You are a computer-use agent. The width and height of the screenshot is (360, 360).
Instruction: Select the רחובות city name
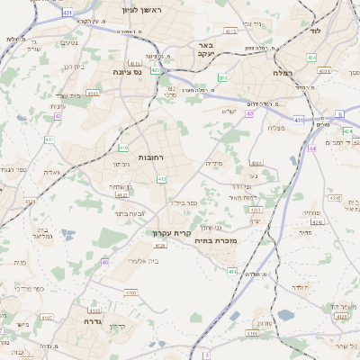coord(149,157)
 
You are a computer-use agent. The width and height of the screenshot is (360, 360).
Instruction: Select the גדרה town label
coord(95,321)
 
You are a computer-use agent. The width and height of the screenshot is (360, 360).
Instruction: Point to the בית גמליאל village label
coord(42,233)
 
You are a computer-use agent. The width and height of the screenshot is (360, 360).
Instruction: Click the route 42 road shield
coord(58,116)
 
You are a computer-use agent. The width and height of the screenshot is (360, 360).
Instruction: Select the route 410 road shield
coord(123,147)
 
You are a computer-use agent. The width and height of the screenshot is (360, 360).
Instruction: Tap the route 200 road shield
coord(221,78)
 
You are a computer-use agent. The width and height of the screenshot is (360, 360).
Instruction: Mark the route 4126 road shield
coord(159,245)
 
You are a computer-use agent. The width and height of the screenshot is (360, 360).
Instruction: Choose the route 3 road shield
coord(206,355)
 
